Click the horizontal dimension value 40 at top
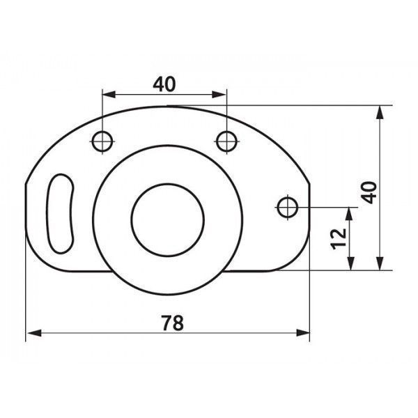coord(164,84)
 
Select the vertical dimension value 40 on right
coord(369,192)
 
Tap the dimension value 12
coord(339,239)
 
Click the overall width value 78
coord(173,323)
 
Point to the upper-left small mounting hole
coord(102,141)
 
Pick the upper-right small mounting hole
coord(226,141)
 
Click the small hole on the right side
coord(288,207)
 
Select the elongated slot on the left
coord(60,213)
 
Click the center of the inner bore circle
coord(168,220)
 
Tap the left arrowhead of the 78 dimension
coord(34,333)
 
